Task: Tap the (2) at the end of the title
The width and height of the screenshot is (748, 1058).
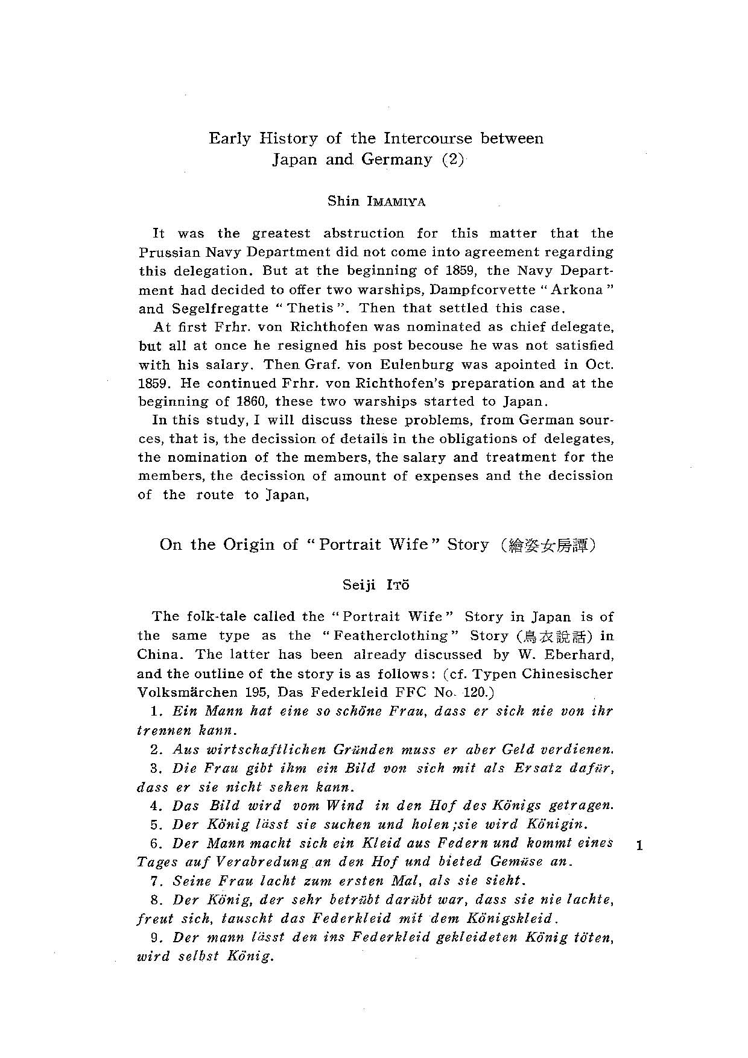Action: [452, 160]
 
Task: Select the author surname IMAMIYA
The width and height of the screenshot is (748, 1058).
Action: [396, 202]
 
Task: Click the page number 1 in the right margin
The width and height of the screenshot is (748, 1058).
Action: [639, 846]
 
